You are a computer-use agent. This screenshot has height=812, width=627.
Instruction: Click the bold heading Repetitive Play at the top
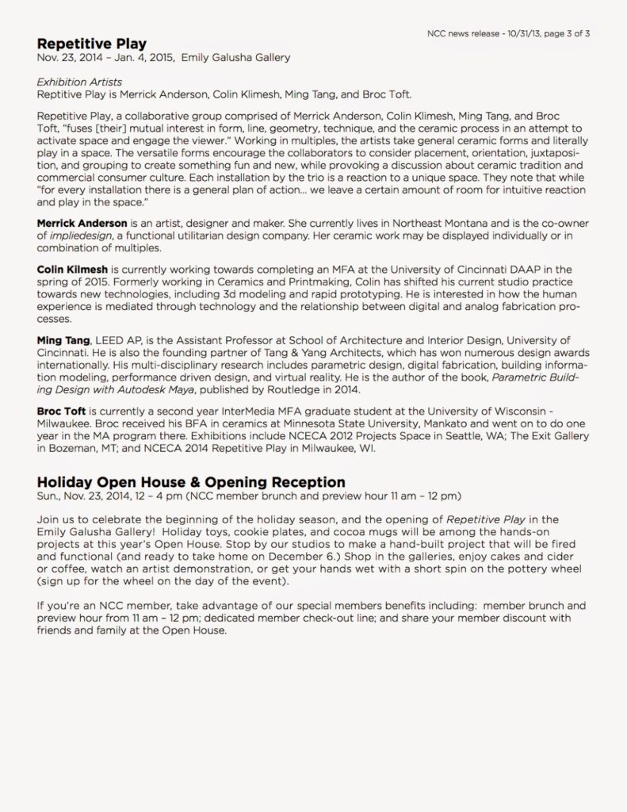tap(91, 44)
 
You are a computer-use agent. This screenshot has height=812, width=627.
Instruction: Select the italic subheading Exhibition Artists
tap(79, 82)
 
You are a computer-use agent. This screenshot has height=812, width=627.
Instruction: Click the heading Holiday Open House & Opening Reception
tap(191, 482)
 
